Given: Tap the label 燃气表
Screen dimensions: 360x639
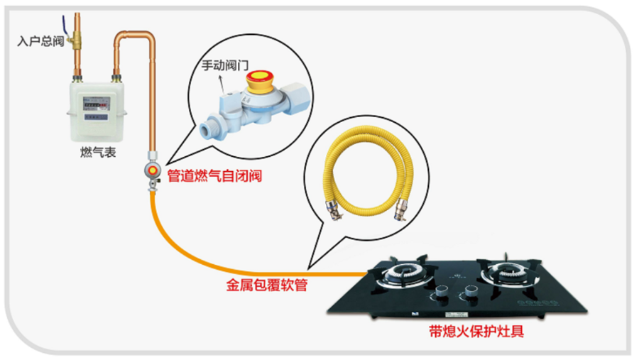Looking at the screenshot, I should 98,152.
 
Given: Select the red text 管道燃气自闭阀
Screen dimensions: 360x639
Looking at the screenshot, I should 214,175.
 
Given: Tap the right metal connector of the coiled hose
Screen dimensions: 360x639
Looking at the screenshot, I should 401,208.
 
